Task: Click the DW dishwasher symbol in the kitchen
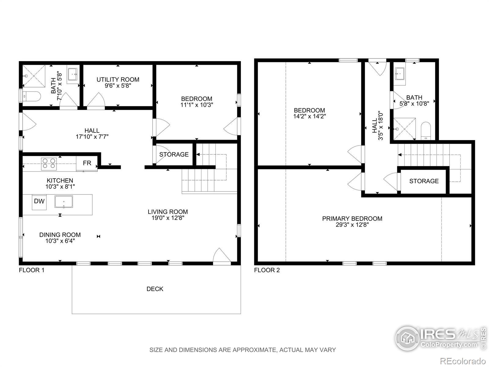coord(39,202)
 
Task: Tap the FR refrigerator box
coord(87,163)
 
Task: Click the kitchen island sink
coord(64,202)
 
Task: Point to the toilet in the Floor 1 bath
coord(32,96)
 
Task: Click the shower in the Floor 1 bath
coord(34,76)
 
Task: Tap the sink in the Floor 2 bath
coord(400,74)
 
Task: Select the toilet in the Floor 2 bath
coord(425,131)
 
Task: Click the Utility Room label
coord(118,80)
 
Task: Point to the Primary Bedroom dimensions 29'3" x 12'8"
coord(352,224)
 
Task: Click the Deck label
coord(155,289)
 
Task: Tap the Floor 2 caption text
coord(267,270)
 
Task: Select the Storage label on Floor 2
coord(424,181)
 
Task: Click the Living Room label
coord(168,212)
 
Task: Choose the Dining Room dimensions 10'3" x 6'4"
coord(60,241)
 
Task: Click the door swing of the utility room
coord(96,101)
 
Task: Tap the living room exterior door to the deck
coord(222,256)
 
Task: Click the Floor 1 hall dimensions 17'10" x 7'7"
coord(92,137)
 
